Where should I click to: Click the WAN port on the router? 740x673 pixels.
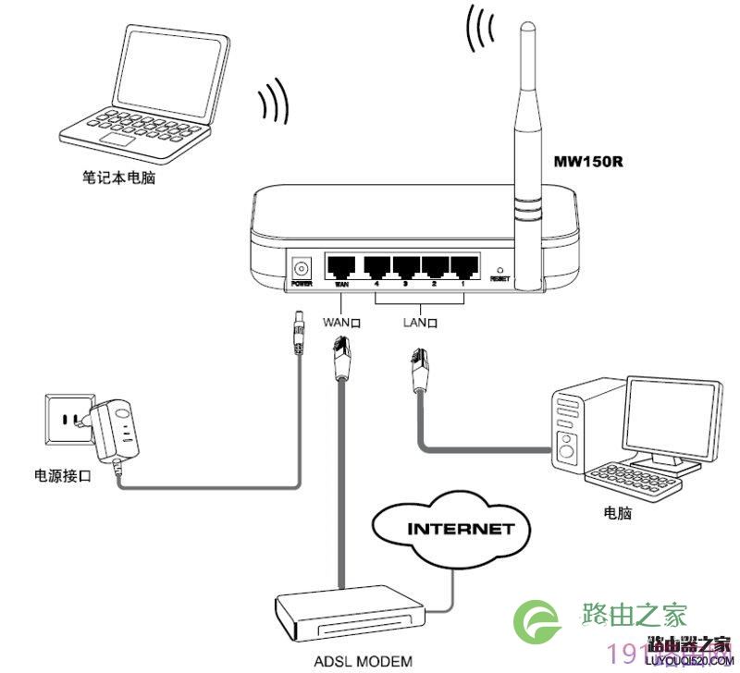[x=341, y=266]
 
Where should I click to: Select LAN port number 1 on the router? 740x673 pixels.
[x=462, y=266]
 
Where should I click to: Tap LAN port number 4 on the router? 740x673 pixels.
[x=376, y=266]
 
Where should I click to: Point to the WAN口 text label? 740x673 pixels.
[x=340, y=324]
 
